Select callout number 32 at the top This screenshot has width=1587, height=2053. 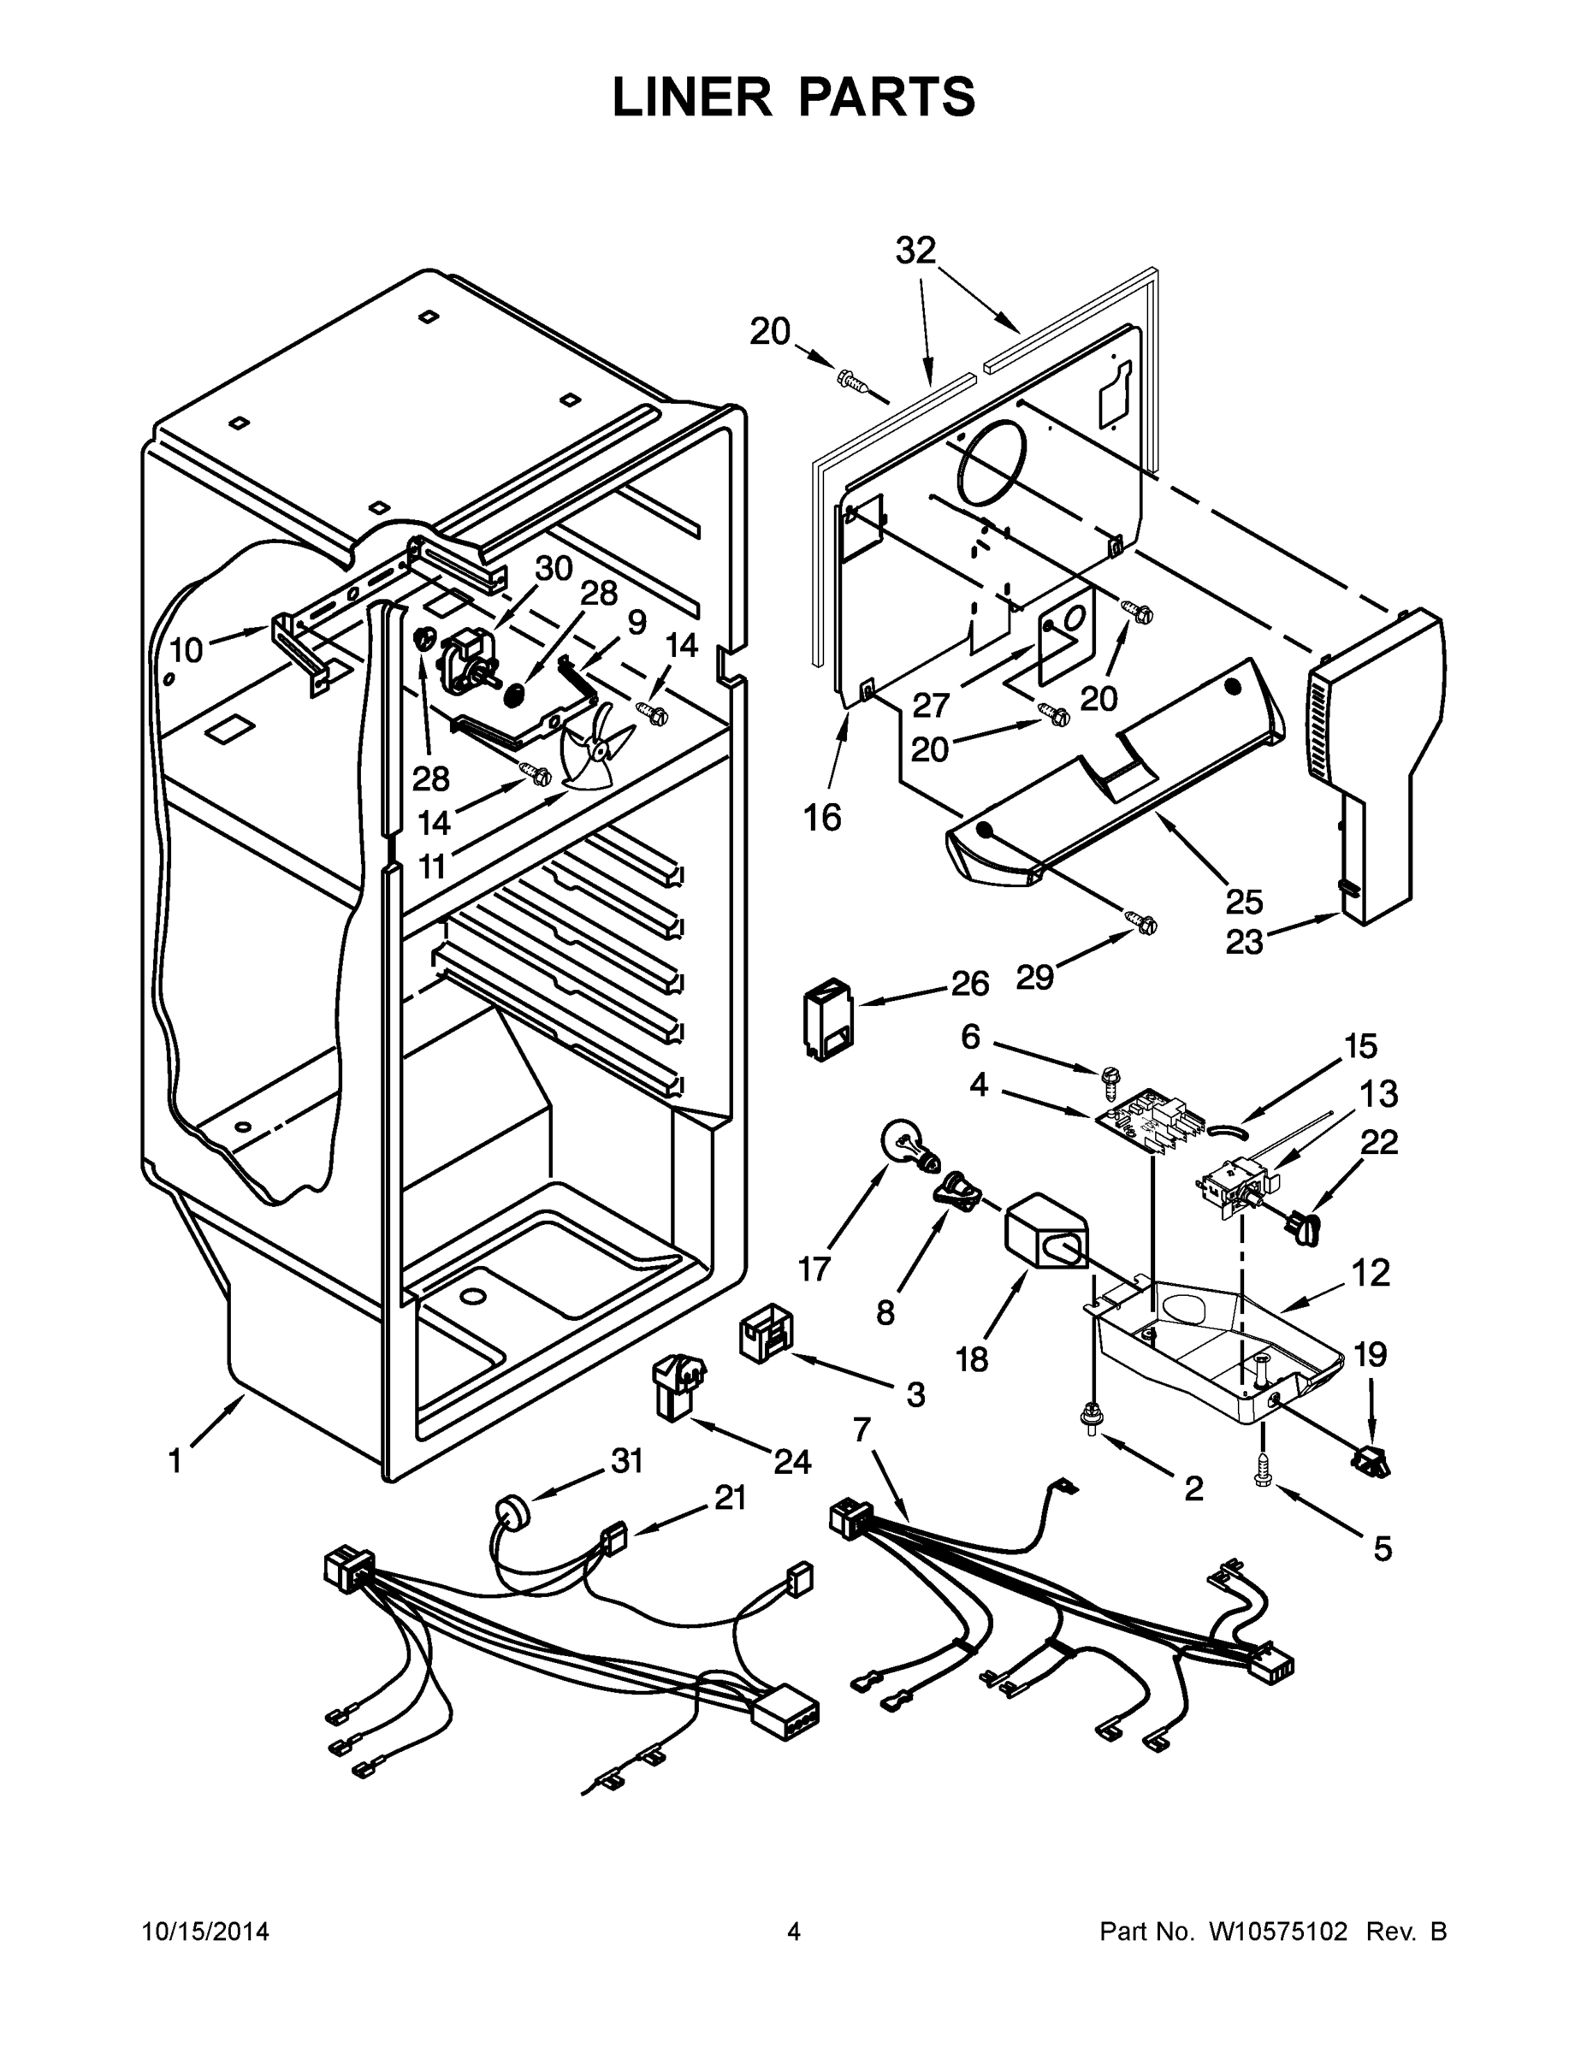tap(915, 251)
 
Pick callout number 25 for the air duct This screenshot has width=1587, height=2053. tap(1244, 901)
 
